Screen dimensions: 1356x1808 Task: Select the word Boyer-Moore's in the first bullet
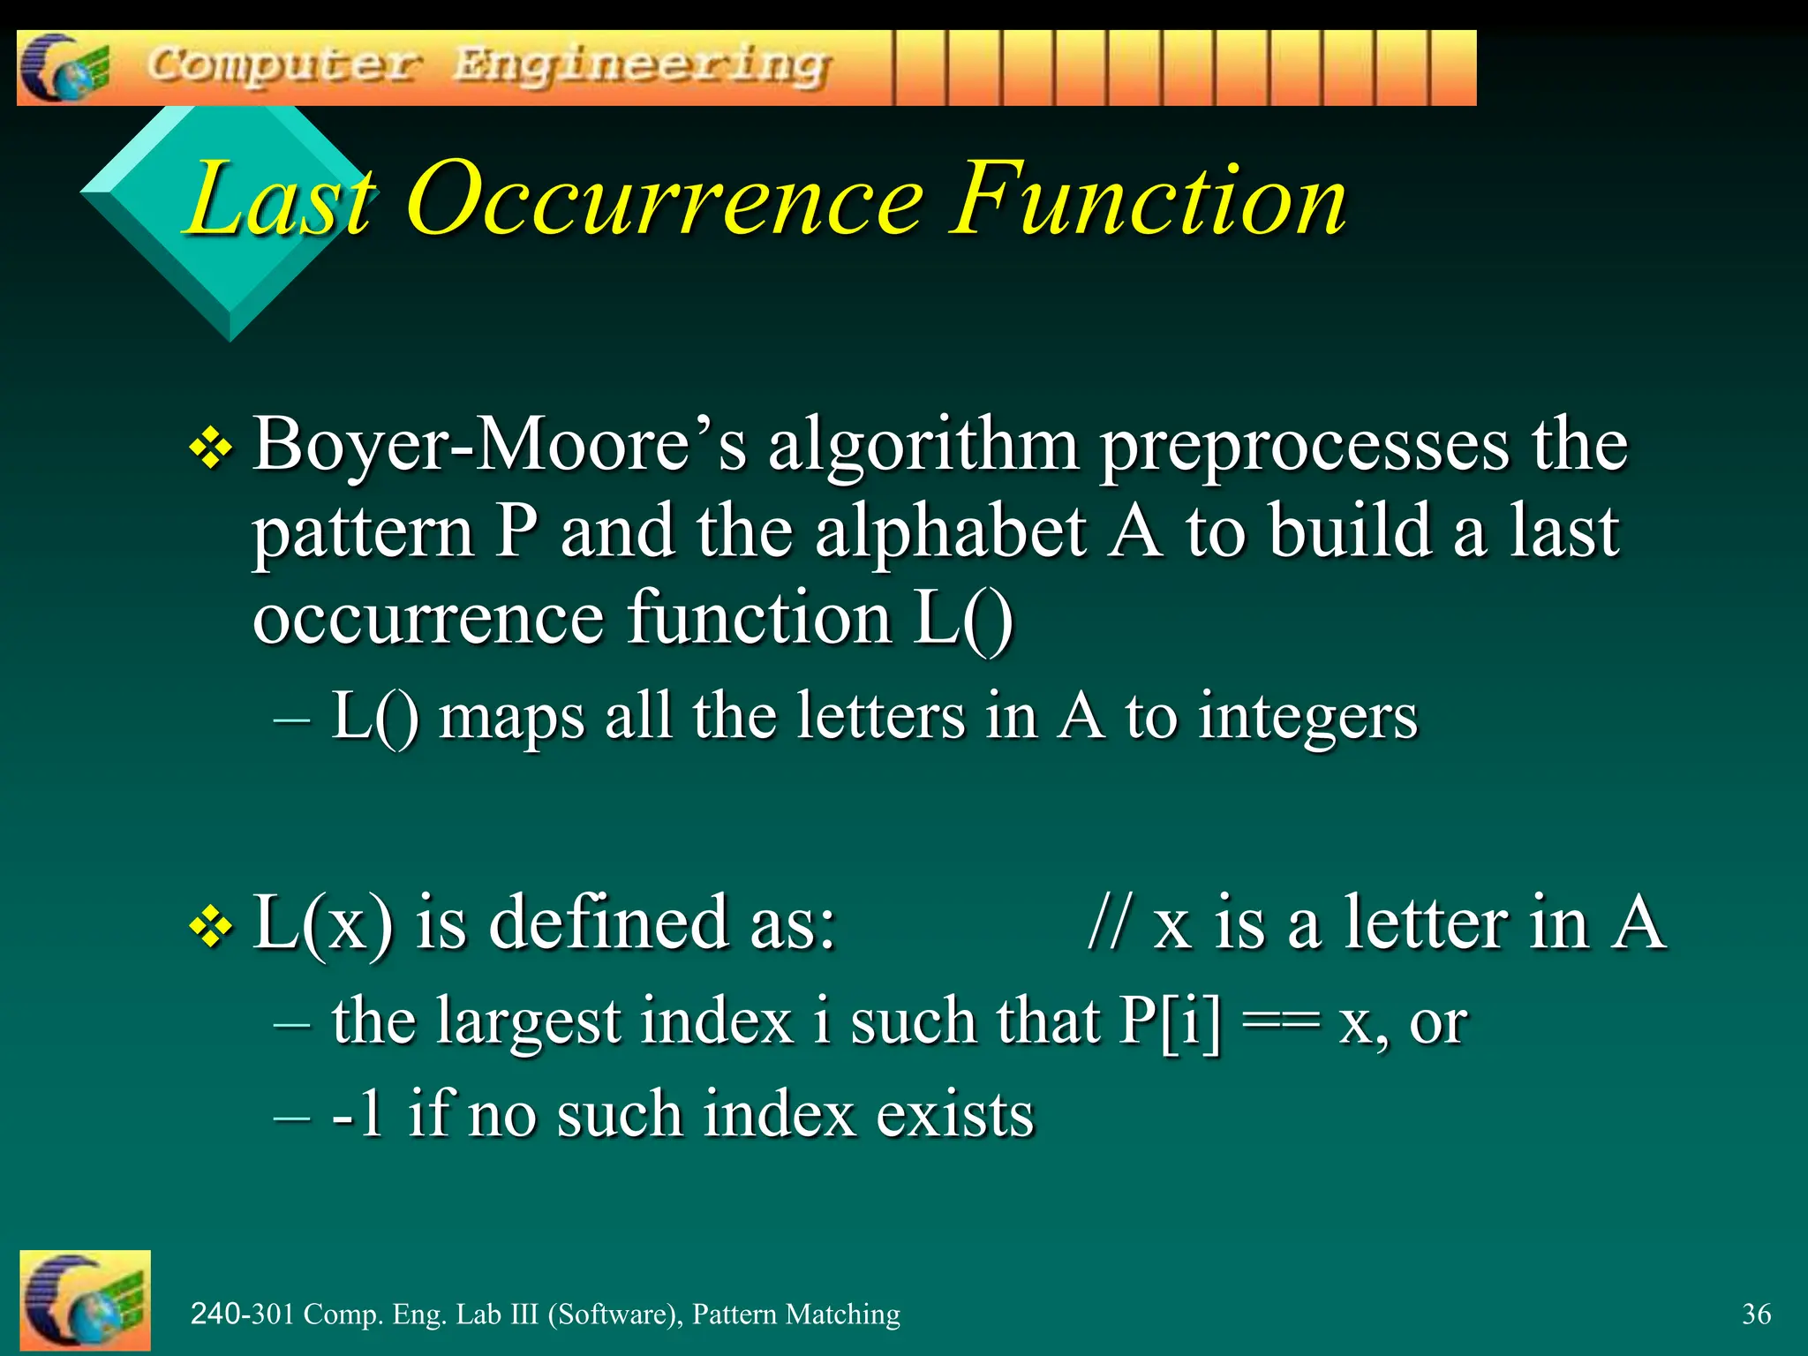[x=499, y=445]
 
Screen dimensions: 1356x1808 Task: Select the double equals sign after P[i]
[x=1280, y=1022]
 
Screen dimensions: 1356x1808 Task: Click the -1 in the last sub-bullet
[x=358, y=1114]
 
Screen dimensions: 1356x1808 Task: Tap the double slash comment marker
[x=1109, y=923]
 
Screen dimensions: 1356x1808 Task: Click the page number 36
[x=1756, y=1315]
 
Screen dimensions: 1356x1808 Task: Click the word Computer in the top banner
[x=282, y=65]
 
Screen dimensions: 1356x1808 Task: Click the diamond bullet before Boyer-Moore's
[x=211, y=448]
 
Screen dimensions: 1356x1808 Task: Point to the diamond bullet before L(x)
[x=211, y=927]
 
